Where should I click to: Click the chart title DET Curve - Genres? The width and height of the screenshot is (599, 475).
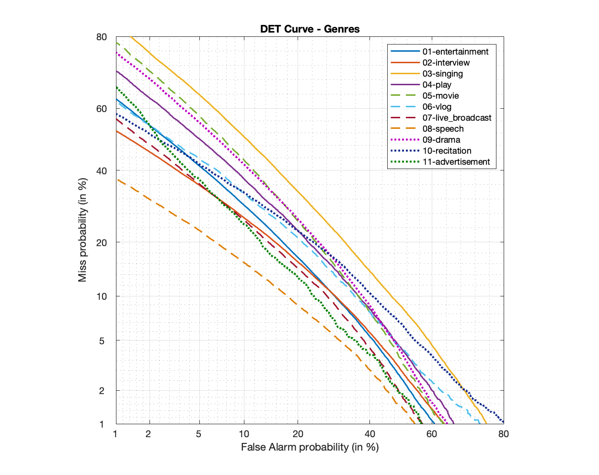click(x=310, y=29)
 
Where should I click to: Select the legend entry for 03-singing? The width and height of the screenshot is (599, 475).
click(x=442, y=74)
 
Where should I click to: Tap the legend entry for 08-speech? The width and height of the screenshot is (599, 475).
click(x=443, y=129)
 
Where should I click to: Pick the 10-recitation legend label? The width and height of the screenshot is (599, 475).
click(x=447, y=151)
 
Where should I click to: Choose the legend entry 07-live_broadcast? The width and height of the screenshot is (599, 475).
click(x=457, y=118)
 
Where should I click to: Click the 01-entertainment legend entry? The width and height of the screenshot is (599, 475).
click(x=455, y=52)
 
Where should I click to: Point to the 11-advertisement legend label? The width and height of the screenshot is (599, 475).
click(x=456, y=162)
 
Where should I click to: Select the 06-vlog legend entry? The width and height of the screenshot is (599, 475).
click(x=437, y=107)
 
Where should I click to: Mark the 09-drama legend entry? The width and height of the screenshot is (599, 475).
click(x=441, y=140)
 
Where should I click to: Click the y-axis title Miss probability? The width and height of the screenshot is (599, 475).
click(x=82, y=230)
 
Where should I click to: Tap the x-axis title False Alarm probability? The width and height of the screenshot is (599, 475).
click(x=310, y=447)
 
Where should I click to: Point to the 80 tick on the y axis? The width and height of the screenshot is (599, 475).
click(x=102, y=37)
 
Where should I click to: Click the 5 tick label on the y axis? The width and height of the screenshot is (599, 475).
click(x=102, y=341)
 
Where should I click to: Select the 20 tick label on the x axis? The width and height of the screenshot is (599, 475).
click(x=298, y=434)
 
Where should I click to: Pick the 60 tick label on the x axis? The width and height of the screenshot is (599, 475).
click(x=432, y=434)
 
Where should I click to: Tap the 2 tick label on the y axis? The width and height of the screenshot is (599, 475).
click(x=102, y=391)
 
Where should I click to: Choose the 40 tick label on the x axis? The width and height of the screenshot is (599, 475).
click(x=369, y=434)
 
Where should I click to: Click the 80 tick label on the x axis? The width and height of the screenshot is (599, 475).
click(x=503, y=434)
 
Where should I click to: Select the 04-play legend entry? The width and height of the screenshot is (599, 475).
click(x=437, y=85)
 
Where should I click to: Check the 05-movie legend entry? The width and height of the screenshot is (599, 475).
click(x=440, y=96)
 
